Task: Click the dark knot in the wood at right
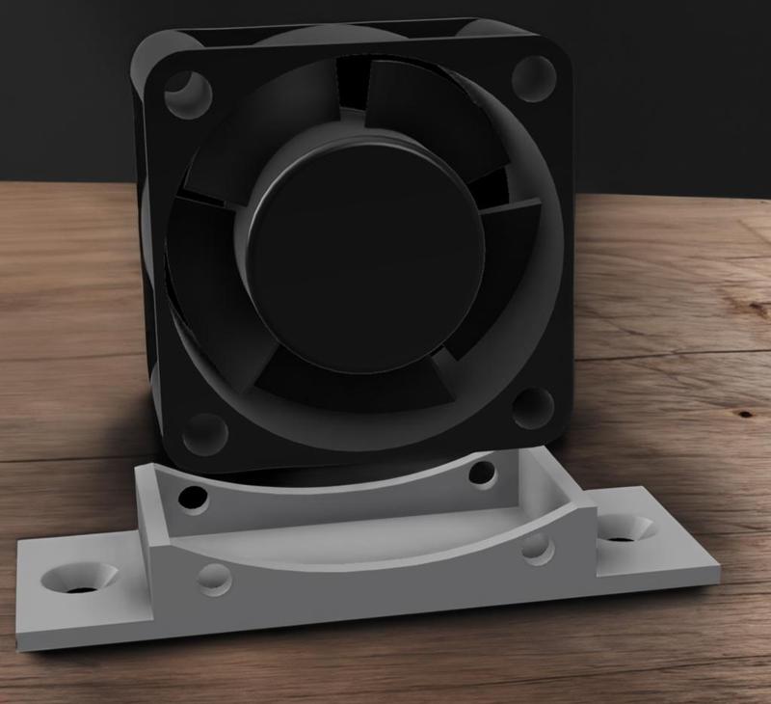point(744,414)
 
